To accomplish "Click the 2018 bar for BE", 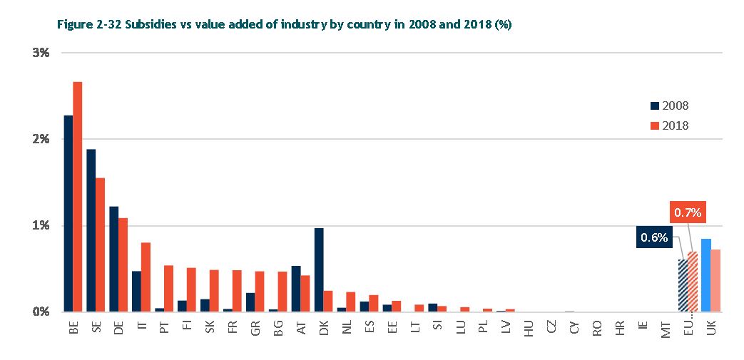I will click(x=78, y=197).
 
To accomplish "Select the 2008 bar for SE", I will click(x=91, y=230).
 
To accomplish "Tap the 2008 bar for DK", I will click(x=319, y=269).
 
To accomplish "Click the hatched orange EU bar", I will click(x=692, y=282).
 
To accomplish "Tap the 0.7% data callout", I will click(x=688, y=212).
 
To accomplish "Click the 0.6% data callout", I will click(x=654, y=238).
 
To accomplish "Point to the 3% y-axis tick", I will click(x=40, y=53).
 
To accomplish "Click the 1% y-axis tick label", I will click(x=40, y=225).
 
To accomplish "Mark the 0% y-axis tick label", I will click(x=40, y=312).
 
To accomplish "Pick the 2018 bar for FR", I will click(x=237, y=291).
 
